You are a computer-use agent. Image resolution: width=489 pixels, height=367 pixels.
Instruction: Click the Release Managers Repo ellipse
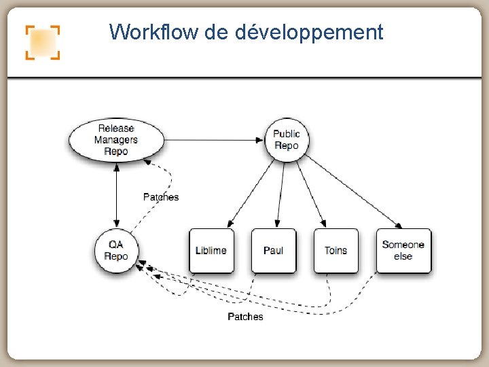point(116,139)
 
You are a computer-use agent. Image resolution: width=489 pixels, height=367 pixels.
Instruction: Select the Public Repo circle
point(287,139)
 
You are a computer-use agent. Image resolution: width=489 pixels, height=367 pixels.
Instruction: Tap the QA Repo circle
point(116,250)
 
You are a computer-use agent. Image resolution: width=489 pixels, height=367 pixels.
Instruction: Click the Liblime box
point(211,250)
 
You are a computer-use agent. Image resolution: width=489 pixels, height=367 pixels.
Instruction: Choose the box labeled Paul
point(273,250)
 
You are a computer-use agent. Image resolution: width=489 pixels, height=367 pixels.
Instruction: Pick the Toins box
point(336,250)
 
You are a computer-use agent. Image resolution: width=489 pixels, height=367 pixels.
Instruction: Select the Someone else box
point(403,250)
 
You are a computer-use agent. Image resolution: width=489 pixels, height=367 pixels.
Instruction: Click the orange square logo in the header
point(43,43)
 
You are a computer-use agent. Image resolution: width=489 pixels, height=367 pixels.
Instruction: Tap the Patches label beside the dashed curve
point(161,197)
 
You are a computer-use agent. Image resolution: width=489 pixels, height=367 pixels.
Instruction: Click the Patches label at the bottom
point(245,317)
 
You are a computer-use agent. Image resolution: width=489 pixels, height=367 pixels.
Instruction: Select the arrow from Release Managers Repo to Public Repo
point(214,140)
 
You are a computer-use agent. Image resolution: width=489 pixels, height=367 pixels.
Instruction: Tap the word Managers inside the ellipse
point(116,139)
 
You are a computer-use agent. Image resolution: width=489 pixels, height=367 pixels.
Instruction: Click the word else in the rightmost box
point(403,256)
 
